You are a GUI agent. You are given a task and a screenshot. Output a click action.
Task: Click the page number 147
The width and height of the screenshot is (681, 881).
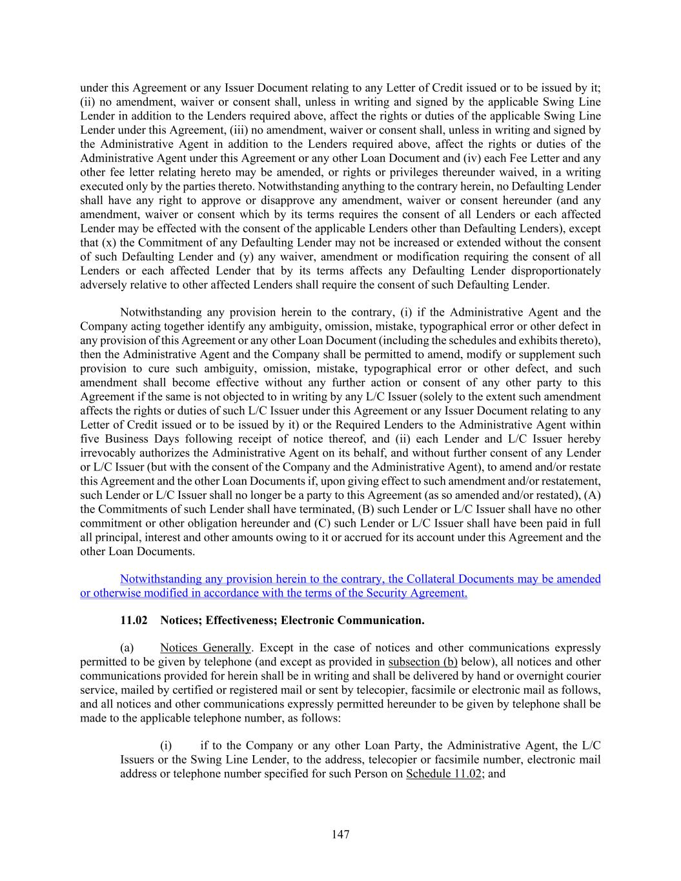pyautogui.click(x=340, y=835)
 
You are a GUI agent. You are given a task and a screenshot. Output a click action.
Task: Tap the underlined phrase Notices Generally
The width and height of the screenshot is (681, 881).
pyautogui.click(x=205, y=647)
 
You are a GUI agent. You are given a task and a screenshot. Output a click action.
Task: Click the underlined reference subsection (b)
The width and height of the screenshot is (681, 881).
pyautogui.click(x=423, y=662)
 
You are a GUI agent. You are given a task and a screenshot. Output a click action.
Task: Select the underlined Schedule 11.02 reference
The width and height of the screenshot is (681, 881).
pyautogui.click(x=443, y=773)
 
